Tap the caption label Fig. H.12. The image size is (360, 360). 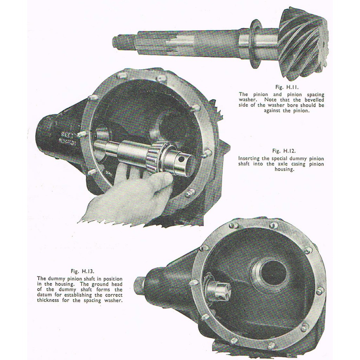coord(284,151)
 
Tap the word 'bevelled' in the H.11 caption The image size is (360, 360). coord(314,100)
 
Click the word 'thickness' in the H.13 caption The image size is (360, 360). coord(48,300)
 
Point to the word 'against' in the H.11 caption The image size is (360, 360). coord(272,111)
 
